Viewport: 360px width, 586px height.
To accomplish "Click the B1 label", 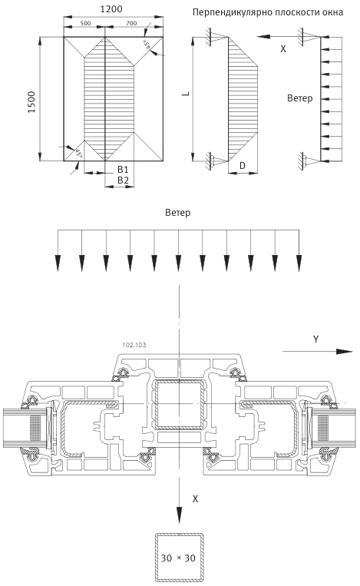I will click(123, 167).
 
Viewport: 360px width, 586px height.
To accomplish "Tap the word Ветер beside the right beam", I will click(300, 98).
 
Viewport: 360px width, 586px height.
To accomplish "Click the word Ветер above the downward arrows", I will click(177, 211).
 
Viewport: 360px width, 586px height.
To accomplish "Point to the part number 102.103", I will click(134, 346).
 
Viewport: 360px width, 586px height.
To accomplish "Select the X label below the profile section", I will click(195, 498).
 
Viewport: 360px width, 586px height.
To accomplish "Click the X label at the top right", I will click(283, 48).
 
